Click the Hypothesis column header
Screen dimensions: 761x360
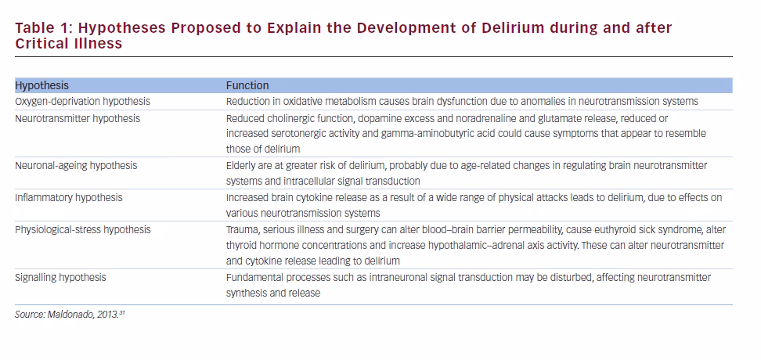pyautogui.click(x=41, y=86)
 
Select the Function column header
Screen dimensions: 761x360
pyautogui.click(x=247, y=85)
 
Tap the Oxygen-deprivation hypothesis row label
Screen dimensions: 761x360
pyautogui.click(x=82, y=102)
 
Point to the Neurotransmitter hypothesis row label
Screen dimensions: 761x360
pyautogui.click(x=78, y=118)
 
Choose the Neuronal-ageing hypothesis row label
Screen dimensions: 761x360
pyautogui.click(x=76, y=165)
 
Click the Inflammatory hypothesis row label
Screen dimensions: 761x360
pyautogui.click(x=68, y=197)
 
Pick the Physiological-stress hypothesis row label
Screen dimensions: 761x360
pyautogui.click(x=83, y=229)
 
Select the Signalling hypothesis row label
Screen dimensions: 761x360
pyautogui.click(x=60, y=278)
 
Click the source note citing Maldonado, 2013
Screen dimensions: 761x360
pyautogui.click(x=70, y=315)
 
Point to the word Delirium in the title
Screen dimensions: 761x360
pyautogui.click(x=513, y=27)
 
